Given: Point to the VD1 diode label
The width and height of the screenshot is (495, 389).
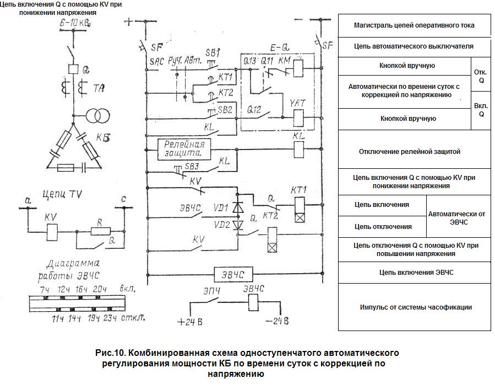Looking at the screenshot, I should coord(223,210).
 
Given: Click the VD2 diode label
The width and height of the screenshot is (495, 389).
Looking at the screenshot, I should coord(222,225).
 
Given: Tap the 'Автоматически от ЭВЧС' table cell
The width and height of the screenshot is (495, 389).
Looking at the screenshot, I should coord(458,216).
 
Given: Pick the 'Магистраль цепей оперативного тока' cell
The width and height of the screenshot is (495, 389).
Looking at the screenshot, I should coord(414,25).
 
